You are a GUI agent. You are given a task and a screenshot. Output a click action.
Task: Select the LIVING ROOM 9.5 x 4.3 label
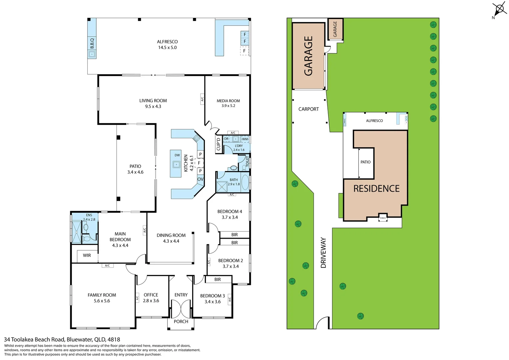click(x=153, y=103)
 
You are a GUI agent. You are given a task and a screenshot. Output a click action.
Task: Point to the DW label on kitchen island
click(x=177, y=155)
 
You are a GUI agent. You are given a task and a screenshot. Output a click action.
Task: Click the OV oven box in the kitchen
click(x=200, y=179)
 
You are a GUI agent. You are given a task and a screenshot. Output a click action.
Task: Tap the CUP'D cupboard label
click(x=219, y=144)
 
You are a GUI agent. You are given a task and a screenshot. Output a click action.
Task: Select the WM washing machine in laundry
click(x=245, y=139)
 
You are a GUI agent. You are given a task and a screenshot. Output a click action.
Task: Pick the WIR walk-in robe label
click(x=87, y=255)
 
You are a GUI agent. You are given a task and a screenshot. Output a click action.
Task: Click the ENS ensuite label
click(x=89, y=215)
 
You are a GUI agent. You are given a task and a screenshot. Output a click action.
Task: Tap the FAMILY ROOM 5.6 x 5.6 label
click(x=102, y=298)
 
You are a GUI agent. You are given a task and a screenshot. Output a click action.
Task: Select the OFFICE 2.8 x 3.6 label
click(x=151, y=298)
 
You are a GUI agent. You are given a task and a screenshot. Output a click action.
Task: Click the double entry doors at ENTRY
click(x=181, y=309)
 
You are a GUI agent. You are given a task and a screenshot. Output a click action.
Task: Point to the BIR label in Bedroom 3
click(x=218, y=279)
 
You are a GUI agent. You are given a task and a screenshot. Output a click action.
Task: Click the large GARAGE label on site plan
click(x=308, y=56)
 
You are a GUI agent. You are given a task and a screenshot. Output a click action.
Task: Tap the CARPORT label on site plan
click(x=308, y=109)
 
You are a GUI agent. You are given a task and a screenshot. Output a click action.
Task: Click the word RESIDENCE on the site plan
click(x=376, y=189)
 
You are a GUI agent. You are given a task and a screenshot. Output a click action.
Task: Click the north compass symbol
click(x=499, y=9)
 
